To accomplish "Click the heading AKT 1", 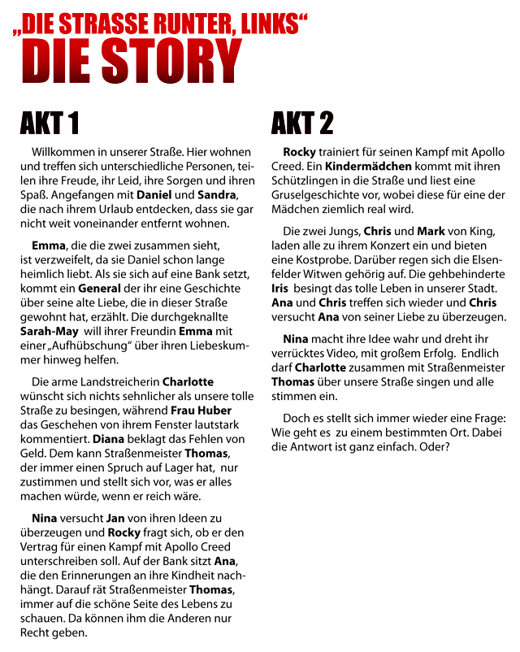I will (50, 123).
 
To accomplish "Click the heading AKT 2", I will (302, 123).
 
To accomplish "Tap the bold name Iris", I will (279, 288).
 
